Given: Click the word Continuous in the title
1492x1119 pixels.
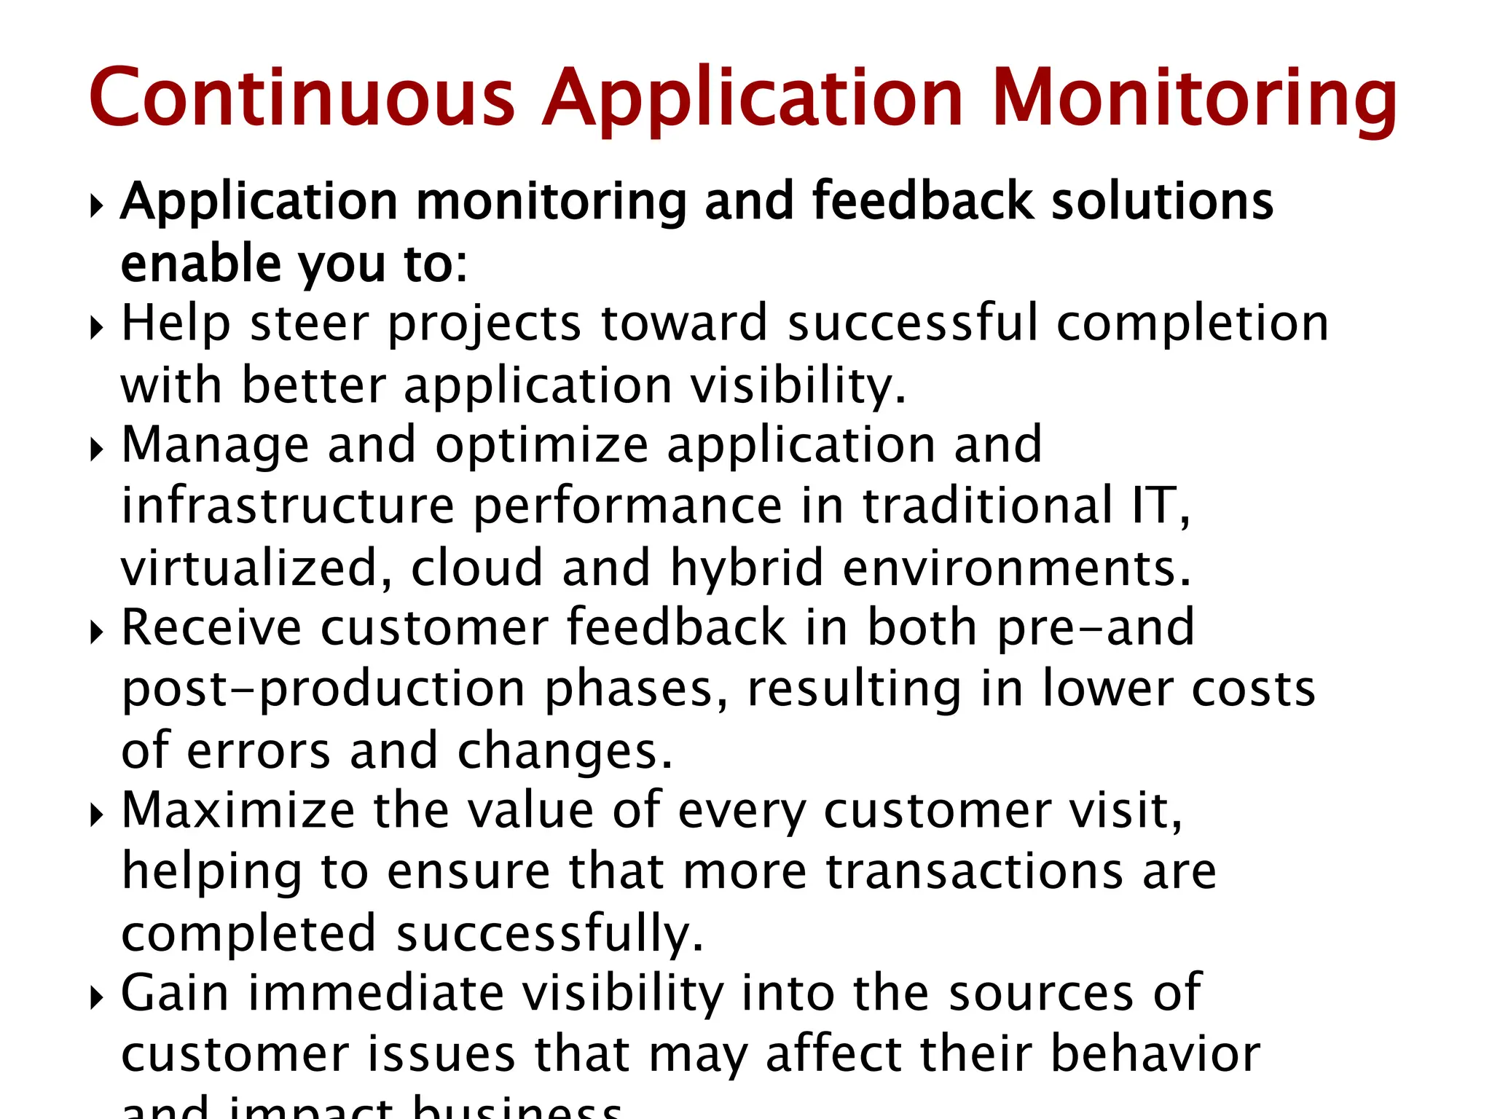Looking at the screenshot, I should [302, 98].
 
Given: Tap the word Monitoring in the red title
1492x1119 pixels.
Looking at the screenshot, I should [1194, 99].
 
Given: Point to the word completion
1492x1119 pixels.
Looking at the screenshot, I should [1192, 325].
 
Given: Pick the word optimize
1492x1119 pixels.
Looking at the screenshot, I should [541, 445].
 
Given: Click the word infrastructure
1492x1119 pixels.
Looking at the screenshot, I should [288, 506].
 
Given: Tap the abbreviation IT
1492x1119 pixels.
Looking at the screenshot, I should [1158, 506].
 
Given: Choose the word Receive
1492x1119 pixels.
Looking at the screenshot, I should [211, 627].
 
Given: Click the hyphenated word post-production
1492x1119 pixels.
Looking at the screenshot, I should [323, 690].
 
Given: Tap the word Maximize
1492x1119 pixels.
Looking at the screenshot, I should [237, 810].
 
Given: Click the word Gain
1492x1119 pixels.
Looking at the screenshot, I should [175, 993].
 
